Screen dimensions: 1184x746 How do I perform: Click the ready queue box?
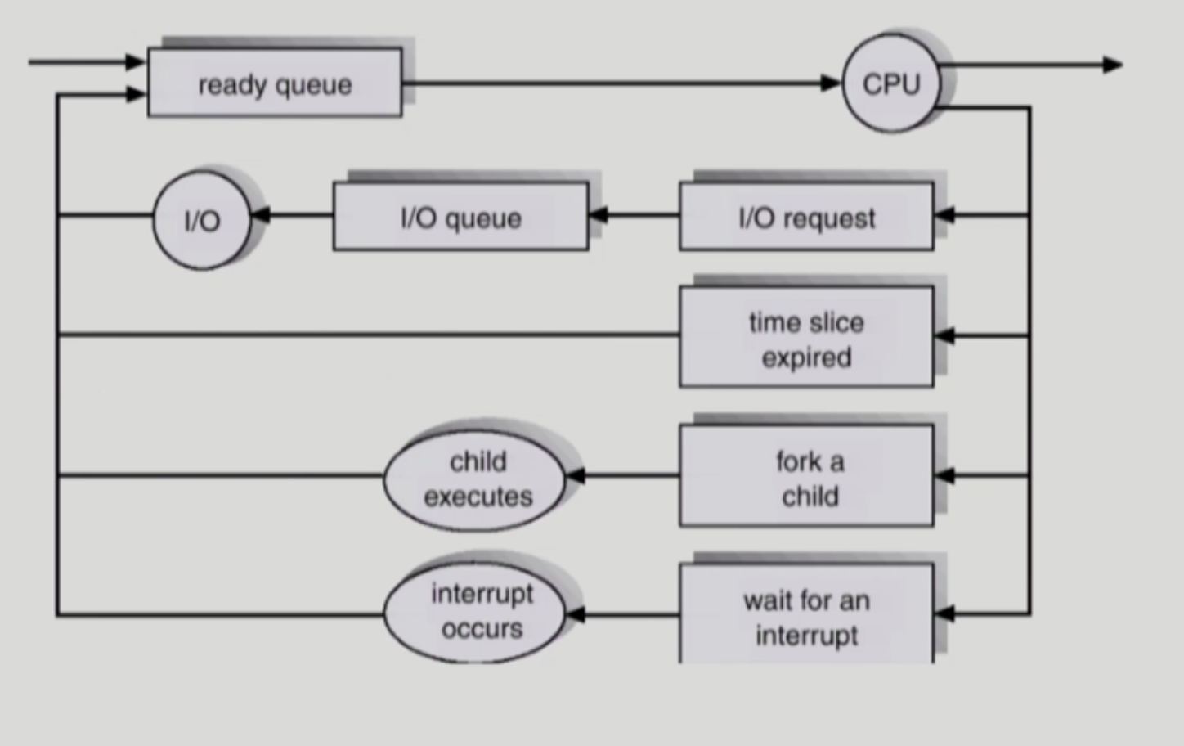point(275,83)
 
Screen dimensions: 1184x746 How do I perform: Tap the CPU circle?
point(892,83)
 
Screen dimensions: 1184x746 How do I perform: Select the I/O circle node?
point(202,220)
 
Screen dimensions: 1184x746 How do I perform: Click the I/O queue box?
point(461,216)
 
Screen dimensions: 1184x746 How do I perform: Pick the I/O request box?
point(806,216)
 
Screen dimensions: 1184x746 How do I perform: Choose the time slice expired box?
point(806,337)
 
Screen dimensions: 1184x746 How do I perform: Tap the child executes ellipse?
point(474,480)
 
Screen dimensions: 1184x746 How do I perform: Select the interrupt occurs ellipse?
point(474,612)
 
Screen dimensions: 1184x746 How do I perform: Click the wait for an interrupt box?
point(806,613)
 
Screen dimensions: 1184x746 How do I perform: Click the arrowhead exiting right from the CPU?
point(1113,65)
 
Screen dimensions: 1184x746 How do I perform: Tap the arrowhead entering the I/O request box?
point(944,215)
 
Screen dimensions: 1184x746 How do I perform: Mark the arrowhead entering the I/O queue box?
point(599,215)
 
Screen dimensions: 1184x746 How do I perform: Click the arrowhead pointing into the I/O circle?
point(261,215)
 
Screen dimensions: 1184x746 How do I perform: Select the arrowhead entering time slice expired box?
point(944,335)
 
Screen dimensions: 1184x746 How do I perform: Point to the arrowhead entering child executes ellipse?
point(576,475)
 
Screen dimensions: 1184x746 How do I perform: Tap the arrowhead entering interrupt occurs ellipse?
point(576,614)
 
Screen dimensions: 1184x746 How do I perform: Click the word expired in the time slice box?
point(806,358)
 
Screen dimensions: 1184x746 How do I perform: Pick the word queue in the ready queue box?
point(314,86)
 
